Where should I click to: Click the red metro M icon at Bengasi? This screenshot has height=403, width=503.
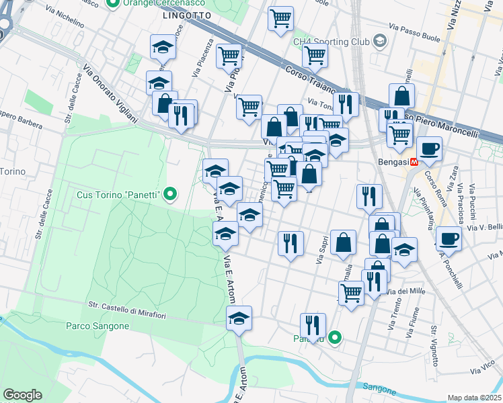pyautogui.click(x=414, y=162)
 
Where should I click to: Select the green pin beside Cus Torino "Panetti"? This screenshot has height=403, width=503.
pyautogui.click(x=170, y=195)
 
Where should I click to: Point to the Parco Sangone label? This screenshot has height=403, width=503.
pyautogui.click(x=98, y=326)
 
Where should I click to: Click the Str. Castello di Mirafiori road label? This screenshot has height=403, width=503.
pyautogui.click(x=143, y=311)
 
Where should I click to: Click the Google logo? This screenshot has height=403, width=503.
pyautogui.click(x=22, y=395)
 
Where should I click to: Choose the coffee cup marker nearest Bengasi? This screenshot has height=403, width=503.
pyautogui.click(x=429, y=149)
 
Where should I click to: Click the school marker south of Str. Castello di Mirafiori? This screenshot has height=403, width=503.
pyautogui.click(x=239, y=318)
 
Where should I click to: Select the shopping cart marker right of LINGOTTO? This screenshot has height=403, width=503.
pyautogui.click(x=280, y=17)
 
